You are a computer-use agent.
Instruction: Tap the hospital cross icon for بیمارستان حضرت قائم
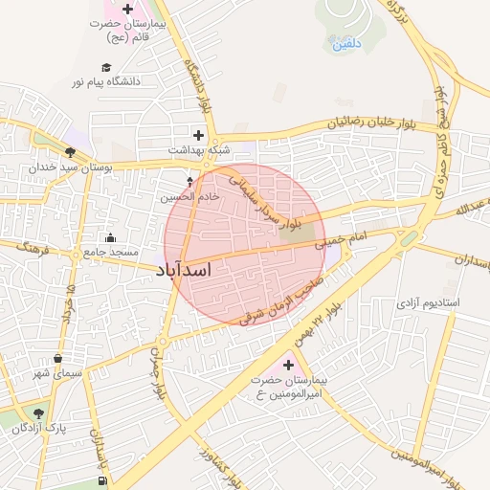pos(127,9)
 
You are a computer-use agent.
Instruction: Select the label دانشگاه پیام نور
pos(105,81)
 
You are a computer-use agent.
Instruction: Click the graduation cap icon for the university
pos(105,67)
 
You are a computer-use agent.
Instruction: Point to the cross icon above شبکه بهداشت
pos(198,135)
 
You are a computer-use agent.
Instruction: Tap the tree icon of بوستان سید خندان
pos(70,151)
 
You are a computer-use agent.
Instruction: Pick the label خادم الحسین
pos(189,195)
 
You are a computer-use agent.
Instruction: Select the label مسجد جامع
pos(110,252)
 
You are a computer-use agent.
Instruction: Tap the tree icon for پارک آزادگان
pos(38,413)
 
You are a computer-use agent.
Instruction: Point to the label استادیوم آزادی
pos(429,303)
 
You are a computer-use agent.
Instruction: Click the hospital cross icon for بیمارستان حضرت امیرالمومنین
pos(288,365)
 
